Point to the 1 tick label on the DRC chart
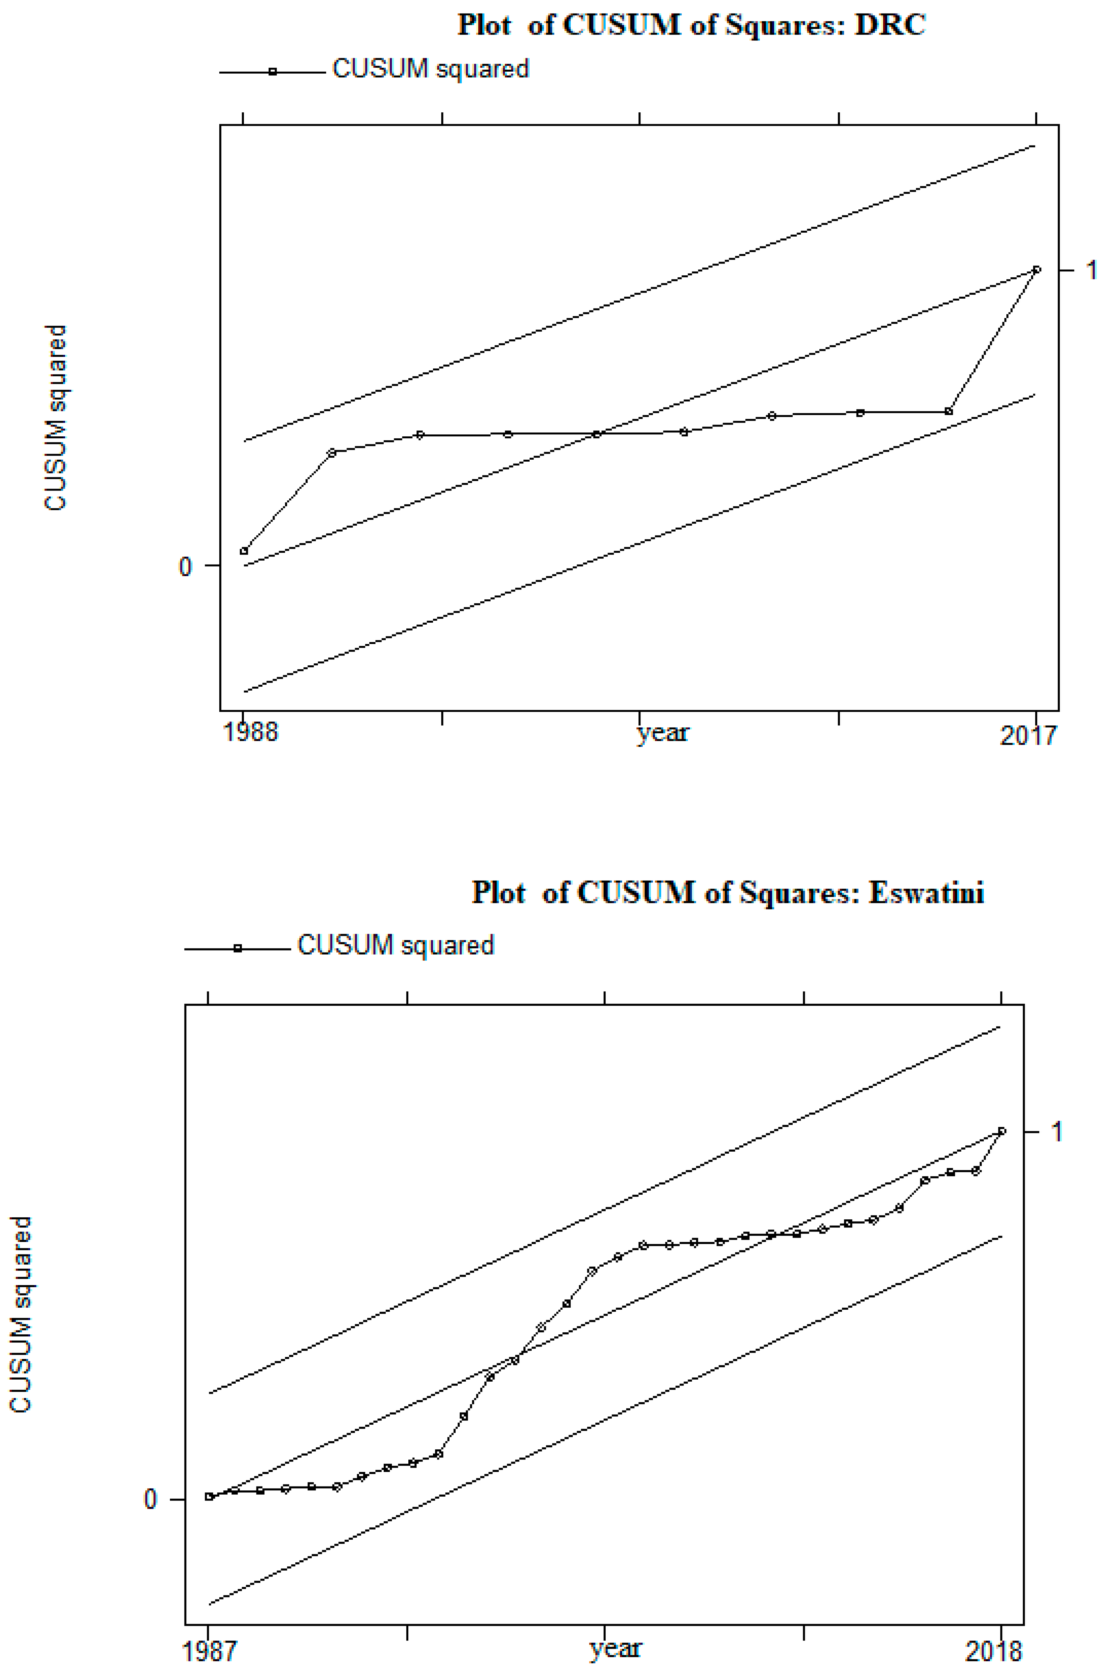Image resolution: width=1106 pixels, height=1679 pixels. click(x=1091, y=269)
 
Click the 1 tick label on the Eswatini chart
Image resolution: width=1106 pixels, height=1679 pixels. click(x=1056, y=1132)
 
